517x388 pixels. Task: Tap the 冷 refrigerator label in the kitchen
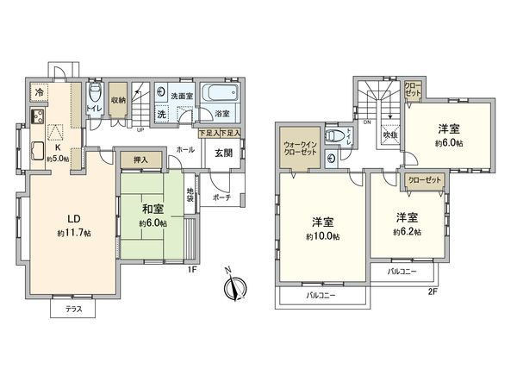(x=40, y=91)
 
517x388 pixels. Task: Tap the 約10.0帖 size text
(x=325, y=235)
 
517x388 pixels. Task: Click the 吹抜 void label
(x=389, y=135)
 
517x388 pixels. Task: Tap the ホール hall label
(x=185, y=149)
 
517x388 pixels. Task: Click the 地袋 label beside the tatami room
(x=190, y=194)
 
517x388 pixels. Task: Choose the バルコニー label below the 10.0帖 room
(x=321, y=296)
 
